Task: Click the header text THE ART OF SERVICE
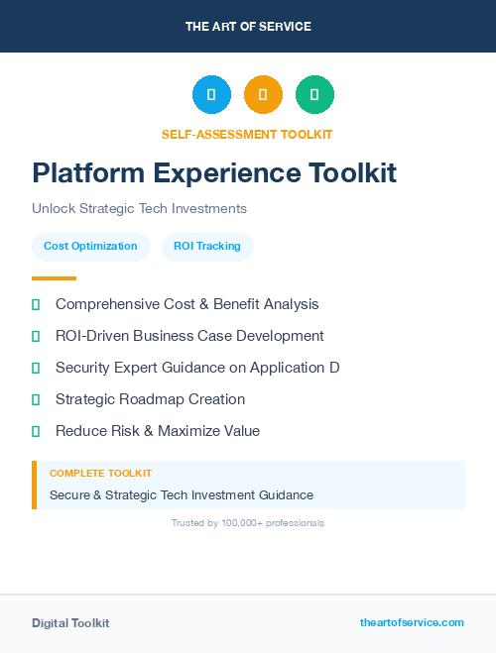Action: pyautogui.click(x=248, y=27)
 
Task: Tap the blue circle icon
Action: pyautogui.click(x=211, y=95)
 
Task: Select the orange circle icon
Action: pyautogui.click(x=263, y=95)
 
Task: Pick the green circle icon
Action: pyautogui.click(x=314, y=95)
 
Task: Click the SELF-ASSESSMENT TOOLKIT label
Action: pyautogui.click(x=247, y=134)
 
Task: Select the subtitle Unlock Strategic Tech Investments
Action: pyautogui.click(x=139, y=209)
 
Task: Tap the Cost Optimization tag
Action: pyautogui.click(x=90, y=246)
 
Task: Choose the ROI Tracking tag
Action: pyautogui.click(x=207, y=246)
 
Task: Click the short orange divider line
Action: pyautogui.click(x=54, y=278)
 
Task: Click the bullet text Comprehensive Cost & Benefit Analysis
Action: pyautogui.click(x=186, y=304)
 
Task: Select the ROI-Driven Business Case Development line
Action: pyautogui.click(x=189, y=336)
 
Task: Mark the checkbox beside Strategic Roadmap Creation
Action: pyautogui.click(x=36, y=399)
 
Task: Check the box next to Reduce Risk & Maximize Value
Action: pyautogui.click(x=36, y=431)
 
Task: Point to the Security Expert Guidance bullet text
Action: pyautogui.click(x=197, y=368)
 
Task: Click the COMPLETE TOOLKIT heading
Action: pyautogui.click(x=100, y=474)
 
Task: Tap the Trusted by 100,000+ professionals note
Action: pyautogui.click(x=248, y=522)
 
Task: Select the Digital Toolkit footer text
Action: pyautogui.click(x=70, y=623)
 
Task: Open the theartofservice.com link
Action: pyautogui.click(x=412, y=622)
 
